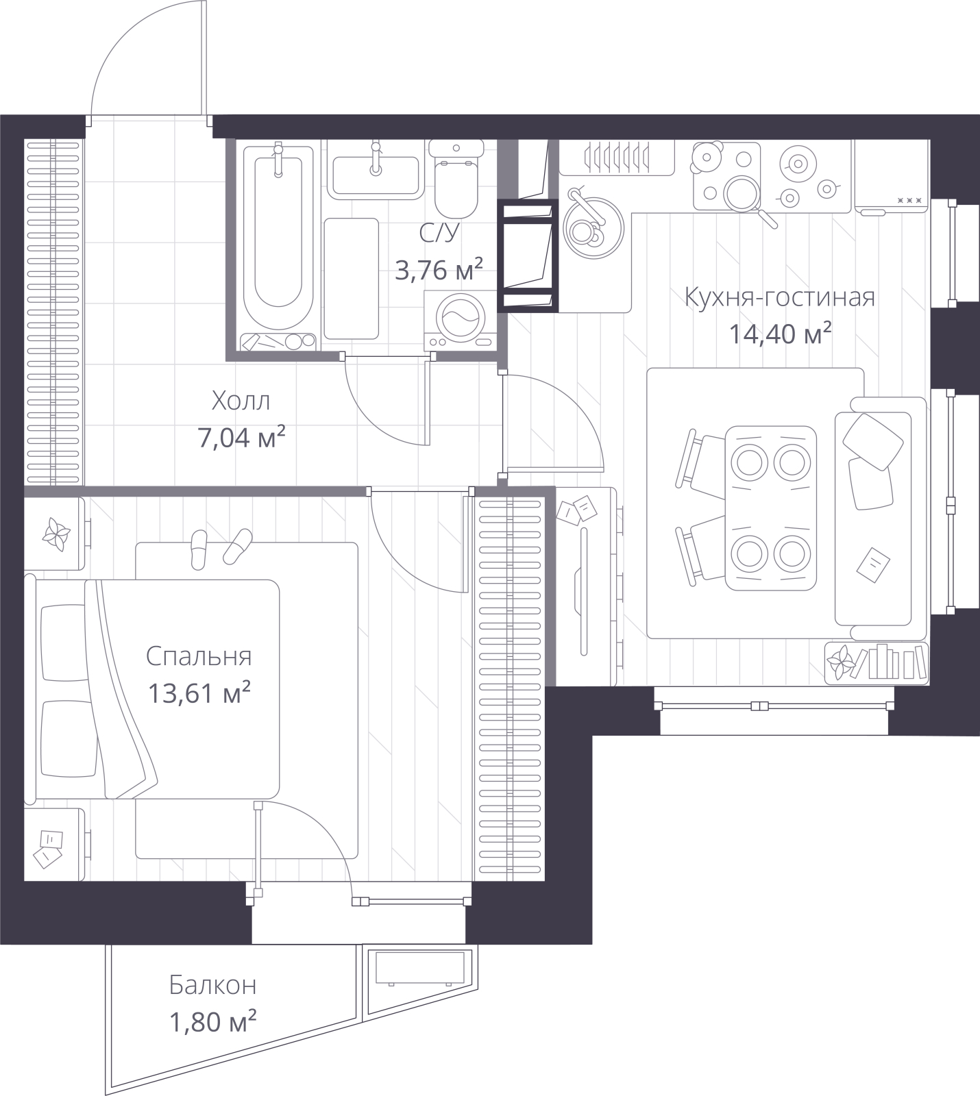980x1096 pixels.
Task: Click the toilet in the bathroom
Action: pos(456,177)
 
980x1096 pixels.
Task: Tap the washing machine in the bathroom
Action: pos(456,320)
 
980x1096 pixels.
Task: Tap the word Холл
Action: pos(241,401)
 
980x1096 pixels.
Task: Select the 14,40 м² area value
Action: pos(780,334)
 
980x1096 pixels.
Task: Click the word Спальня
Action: pos(199,656)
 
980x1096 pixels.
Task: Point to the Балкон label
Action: pos(213,986)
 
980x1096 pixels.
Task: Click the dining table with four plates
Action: pos(771,508)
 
